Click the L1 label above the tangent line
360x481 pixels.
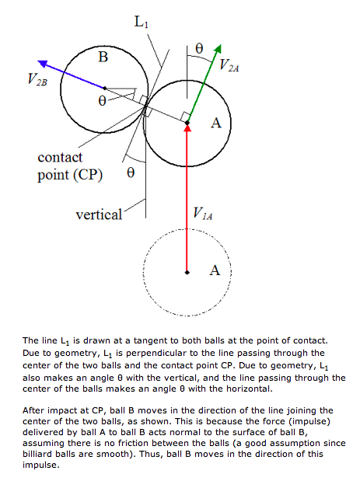coord(142,22)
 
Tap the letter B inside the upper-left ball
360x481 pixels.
coord(103,57)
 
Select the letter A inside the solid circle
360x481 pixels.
coord(216,123)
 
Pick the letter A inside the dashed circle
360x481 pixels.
coord(215,270)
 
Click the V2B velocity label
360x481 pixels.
coord(37,79)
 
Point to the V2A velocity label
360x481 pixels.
coord(229,65)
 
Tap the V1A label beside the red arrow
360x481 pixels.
coord(203,213)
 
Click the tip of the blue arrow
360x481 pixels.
coord(38,61)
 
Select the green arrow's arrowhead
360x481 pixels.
coord(218,50)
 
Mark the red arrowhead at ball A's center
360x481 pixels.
coord(187,128)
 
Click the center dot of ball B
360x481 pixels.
coord(105,89)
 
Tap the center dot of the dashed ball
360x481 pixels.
coord(187,273)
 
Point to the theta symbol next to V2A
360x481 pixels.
coord(199,48)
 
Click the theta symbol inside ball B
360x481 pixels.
coord(102,100)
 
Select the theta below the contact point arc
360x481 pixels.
coord(131,173)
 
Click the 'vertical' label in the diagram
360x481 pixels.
coord(99,214)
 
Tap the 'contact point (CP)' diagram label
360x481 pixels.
coord(70,166)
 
